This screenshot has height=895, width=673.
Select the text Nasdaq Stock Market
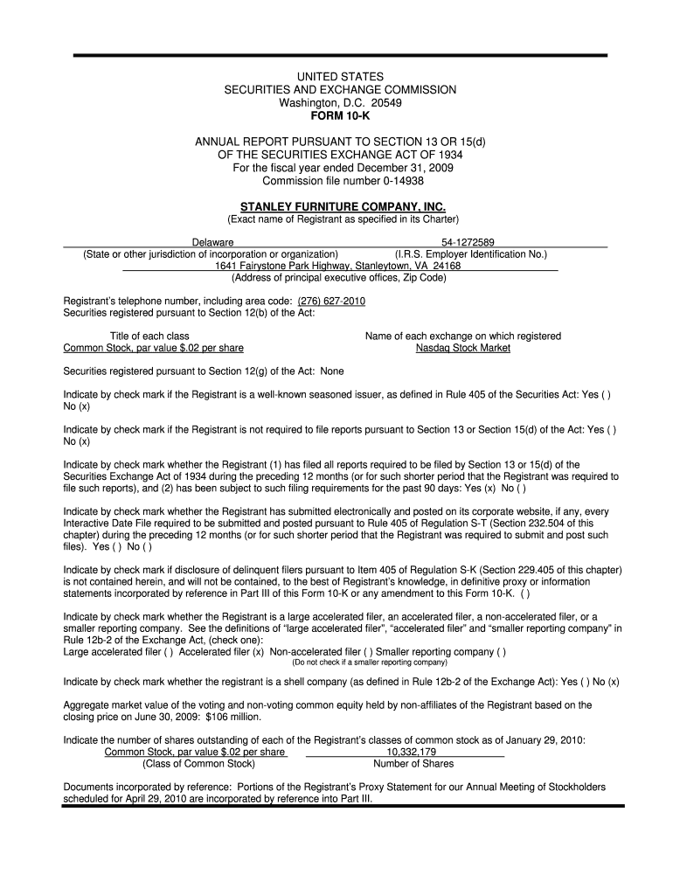(463, 348)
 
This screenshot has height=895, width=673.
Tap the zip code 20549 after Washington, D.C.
(386, 103)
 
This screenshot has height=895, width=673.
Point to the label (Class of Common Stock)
(198, 763)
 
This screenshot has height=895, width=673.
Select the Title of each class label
(149, 336)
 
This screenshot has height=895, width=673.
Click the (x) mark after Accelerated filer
(259, 651)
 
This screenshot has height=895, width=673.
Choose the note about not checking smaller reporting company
(369, 663)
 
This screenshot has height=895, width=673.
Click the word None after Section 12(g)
(332, 371)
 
